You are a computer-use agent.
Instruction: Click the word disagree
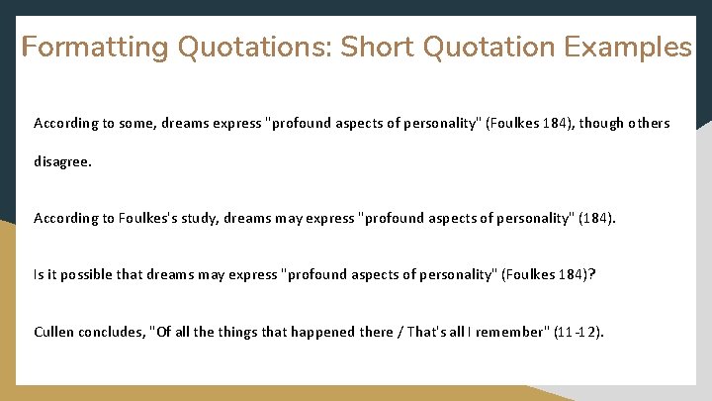(62, 160)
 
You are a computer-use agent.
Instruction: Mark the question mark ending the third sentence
(592, 275)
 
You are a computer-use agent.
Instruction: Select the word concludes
(112, 332)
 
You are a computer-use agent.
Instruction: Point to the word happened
(325, 332)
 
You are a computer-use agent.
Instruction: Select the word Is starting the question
(39, 275)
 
